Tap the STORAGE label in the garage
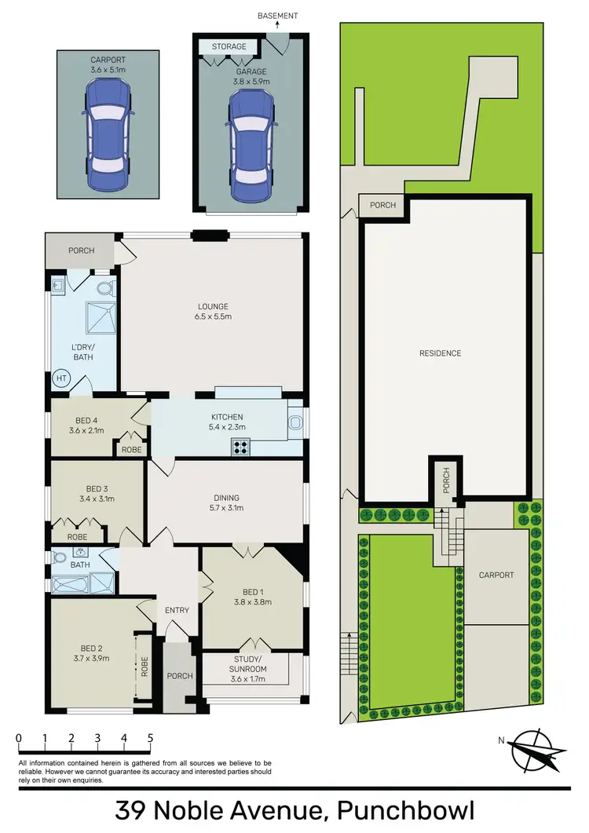[x=229, y=46]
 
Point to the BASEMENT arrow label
[x=278, y=15]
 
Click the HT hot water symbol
[x=61, y=378]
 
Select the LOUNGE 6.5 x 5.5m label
[x=213, y=312]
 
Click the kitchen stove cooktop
[x=240, y=447]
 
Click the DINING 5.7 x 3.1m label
[x=225, y=502]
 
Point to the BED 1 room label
[x=253, y=597]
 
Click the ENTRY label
[x=177, y=610]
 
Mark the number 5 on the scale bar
[x=149, y=738]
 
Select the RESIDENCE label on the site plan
[x=440, y=353]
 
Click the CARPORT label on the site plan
[x=496, y=575]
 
